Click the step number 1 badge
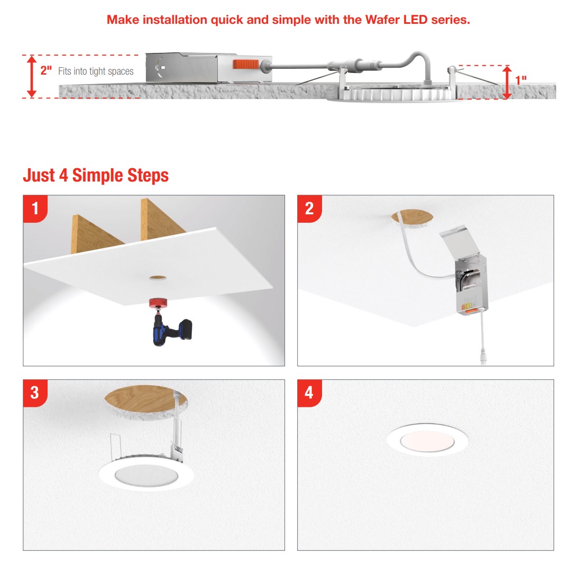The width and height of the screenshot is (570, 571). [x=35, y=209]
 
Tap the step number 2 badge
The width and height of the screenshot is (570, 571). [x=309, y=209]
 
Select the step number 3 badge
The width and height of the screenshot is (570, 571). [x=35, y=393]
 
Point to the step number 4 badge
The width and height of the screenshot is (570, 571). [x=309, y=393]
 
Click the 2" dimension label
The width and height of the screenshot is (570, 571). [x=46, y=70]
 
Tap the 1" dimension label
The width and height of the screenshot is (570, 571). [x=520, y=80]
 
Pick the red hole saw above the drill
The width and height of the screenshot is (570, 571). [x=158, y=303]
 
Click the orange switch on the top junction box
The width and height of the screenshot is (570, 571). [x=246, y=64]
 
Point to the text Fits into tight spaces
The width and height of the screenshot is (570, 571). [x=96, y=71]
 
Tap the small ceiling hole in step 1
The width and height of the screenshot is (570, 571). [x=158, y=278]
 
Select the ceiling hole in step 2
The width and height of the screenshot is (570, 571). [x=412, y=218]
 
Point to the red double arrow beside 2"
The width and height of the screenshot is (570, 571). [x=32, y=77]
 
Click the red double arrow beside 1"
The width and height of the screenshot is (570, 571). [x=507, y=83]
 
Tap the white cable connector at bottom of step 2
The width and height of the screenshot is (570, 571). [x=483, y=356]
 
